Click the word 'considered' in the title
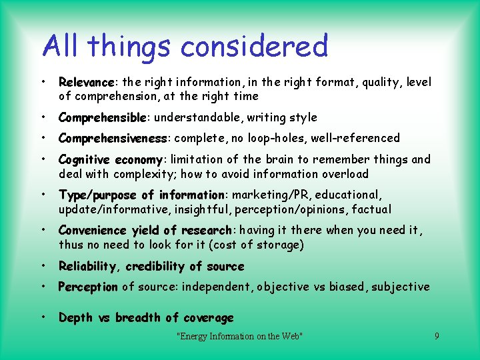click(x=254, y=47)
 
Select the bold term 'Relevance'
click(x=86, y=82)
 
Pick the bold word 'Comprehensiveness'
click(x=113, y=138)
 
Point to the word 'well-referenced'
click(x=365, y=138)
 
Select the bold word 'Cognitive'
click(x=84, y=159)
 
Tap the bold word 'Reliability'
click(x=87, y=266)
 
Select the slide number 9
click(x=437, y=336)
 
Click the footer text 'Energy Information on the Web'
click(x=239, y=336)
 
